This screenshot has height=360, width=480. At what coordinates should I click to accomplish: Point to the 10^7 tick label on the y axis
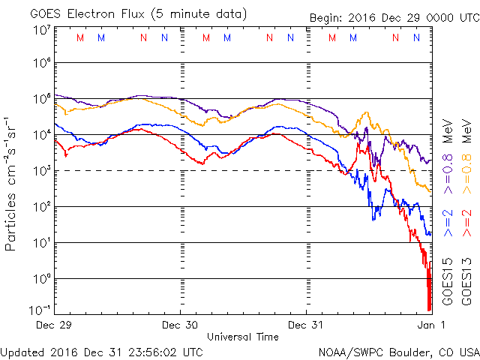pyautogui.click(x=41, y=30)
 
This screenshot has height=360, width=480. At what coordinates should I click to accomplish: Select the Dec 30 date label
pyautogui.click(x=180, y=325)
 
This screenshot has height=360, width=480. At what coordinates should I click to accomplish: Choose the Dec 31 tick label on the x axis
pyautogui.click(x=307, y=325)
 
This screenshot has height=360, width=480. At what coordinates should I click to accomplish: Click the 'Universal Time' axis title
pyautogui.click(x=243, y=337)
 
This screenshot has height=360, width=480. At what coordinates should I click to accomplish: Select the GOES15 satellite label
pyautogui.click(x=447, y=280)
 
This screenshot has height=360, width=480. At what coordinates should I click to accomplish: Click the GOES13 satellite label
pyautogui.click(x=466, y=280)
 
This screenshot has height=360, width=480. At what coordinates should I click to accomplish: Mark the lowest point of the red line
pyautogui.click(x=429, y=310)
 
